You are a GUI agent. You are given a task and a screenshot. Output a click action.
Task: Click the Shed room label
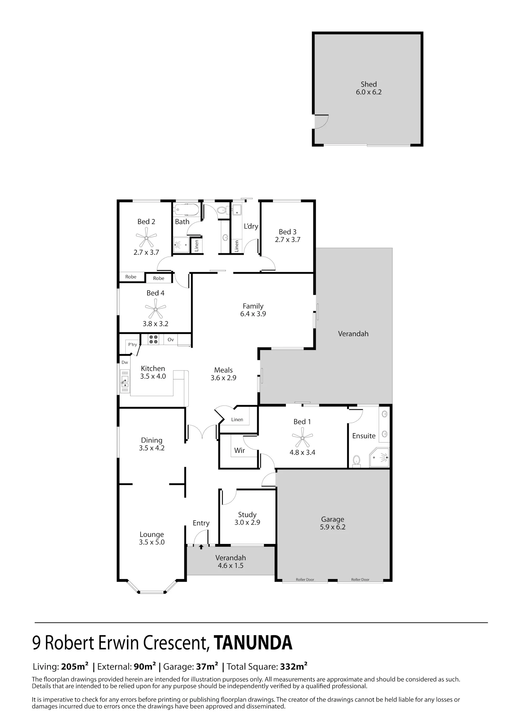coord(369,84)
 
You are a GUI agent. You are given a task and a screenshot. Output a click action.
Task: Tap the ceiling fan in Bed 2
coord(146,237)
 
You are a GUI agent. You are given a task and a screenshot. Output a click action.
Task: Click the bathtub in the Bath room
coord(186,209)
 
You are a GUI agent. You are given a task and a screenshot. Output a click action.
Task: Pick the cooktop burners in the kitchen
coord(154,339)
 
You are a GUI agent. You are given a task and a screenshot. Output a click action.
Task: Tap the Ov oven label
coord(171,339)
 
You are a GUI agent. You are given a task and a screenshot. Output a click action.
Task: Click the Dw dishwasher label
coord(125,362)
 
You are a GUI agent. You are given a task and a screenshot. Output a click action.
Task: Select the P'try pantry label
coord(133,344)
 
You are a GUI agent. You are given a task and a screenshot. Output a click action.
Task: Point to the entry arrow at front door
coord(201,547)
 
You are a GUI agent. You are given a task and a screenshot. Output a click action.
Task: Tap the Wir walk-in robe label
coord(239,450)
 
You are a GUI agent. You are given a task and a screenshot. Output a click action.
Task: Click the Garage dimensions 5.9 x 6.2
coord(332,527)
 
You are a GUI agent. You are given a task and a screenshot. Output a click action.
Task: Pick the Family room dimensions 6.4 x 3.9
coord(253,314)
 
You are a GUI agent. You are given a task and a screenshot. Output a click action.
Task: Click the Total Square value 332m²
coord(294,666)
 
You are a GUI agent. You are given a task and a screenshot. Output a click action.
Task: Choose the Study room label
coord(247,515)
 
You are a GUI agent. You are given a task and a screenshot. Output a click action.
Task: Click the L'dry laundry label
coord(251,226)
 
